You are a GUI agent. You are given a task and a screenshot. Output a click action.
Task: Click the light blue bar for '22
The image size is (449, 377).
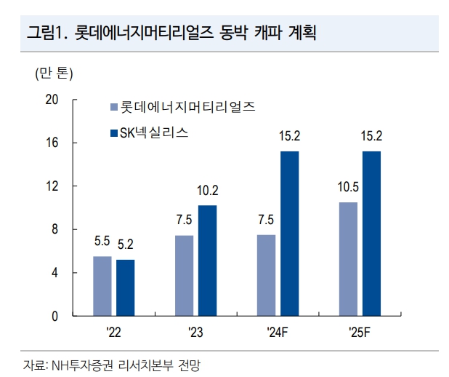coord(102,286)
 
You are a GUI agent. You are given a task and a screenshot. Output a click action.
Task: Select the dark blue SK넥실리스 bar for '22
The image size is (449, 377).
coord(126,287)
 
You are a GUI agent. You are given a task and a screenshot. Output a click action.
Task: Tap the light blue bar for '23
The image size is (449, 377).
coord(185,276)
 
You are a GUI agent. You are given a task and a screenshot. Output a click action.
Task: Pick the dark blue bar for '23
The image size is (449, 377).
coord(208,261)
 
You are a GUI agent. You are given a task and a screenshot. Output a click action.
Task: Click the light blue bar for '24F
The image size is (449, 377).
coord(267,276)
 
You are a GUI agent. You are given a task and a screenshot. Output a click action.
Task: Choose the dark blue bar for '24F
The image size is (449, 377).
coord(290,234)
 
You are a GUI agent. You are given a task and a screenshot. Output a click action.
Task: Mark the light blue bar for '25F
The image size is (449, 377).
coord(348,259)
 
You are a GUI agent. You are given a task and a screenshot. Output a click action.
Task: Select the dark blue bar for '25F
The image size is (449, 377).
coord(371,234)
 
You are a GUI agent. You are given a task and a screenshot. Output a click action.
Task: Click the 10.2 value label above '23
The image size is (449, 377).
coord(208,191)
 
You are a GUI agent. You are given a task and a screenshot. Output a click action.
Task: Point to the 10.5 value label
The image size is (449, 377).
coord(348,188)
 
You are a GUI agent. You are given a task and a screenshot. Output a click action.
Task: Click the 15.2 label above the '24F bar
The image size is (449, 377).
coord(290,136)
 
